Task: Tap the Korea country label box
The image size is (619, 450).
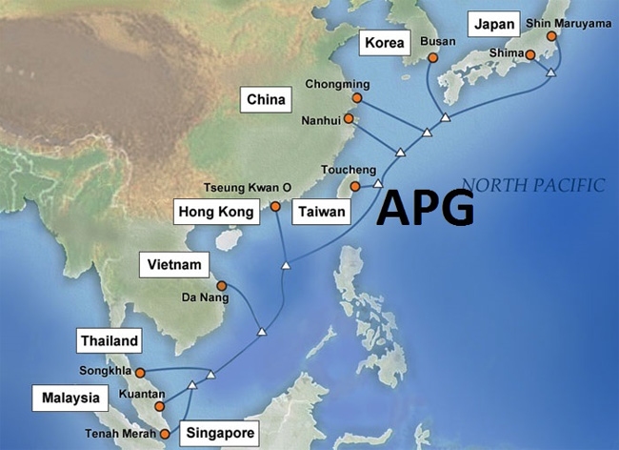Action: pos(385,43)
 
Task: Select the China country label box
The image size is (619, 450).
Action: pos(266,99)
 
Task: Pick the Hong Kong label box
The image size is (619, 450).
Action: pos(217,211)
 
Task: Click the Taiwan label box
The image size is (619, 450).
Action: pos(321,211)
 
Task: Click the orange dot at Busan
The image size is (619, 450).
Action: pos(432,58)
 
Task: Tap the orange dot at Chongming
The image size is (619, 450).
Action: pos(357,97)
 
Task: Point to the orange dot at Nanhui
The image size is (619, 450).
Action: pos(349,119)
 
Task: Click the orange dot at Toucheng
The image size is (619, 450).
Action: pos(354,186)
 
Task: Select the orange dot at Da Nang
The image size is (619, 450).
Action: pos(221,285)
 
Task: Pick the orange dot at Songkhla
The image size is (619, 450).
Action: pos(140,373)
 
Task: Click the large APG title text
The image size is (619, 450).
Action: pos(425,208)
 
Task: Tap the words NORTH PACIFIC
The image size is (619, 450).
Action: pos(531,185)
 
